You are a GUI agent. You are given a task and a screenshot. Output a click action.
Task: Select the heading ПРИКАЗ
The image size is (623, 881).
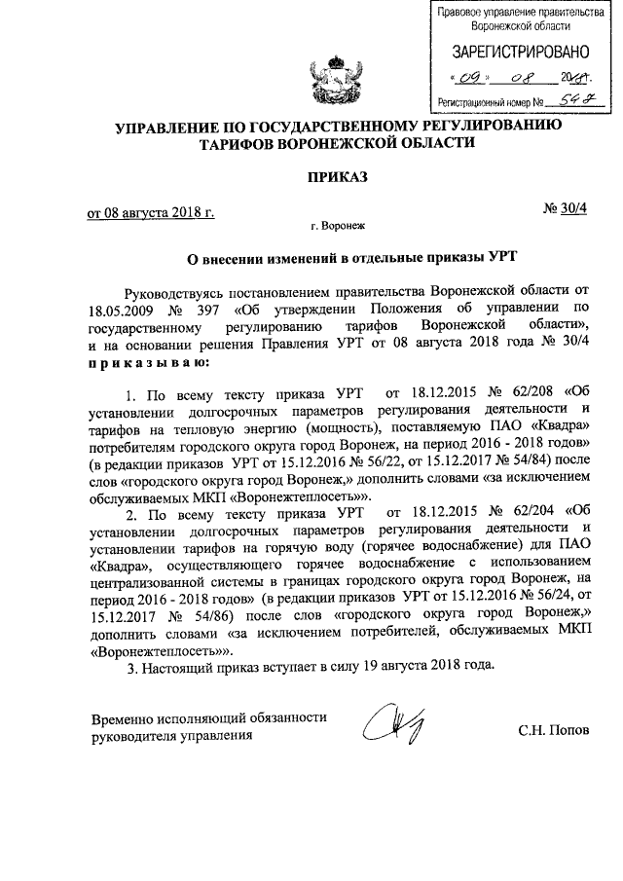coord(337,177)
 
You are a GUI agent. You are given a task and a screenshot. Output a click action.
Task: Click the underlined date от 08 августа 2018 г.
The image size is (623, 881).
coord(151,212)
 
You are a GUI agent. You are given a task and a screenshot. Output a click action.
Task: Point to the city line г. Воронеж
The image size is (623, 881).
coord(337,225)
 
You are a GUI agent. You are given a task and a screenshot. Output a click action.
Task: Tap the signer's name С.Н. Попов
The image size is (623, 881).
coord(553,729)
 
